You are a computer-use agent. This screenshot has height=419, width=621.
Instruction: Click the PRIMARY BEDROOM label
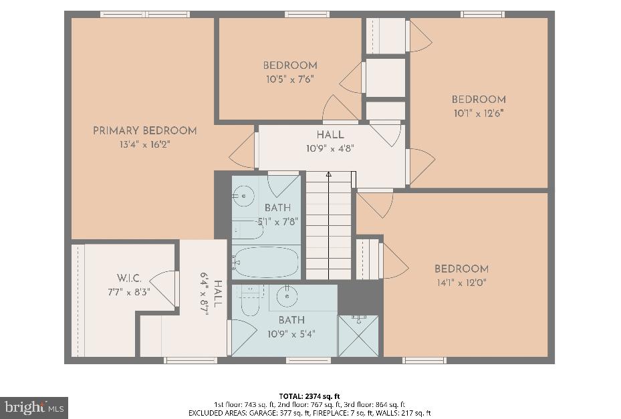click(144, 131)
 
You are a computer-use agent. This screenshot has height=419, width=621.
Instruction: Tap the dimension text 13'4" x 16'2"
click(144, 144)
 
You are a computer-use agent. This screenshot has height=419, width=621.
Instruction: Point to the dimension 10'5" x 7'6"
click(289, 79)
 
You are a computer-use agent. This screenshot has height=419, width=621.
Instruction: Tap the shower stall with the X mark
click(358, 335)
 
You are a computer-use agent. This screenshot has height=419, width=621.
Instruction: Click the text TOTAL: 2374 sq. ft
click(310, 396)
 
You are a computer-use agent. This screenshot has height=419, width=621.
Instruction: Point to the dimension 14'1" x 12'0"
click(461, 283)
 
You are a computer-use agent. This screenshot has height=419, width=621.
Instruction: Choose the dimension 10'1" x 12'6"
click(478, 113)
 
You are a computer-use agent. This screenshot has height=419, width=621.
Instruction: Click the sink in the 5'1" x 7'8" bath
click(243, 196)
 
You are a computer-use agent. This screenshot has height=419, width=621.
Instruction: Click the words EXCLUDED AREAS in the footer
click(211, 413)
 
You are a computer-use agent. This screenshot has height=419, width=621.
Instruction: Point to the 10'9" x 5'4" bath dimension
click(291, 333)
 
